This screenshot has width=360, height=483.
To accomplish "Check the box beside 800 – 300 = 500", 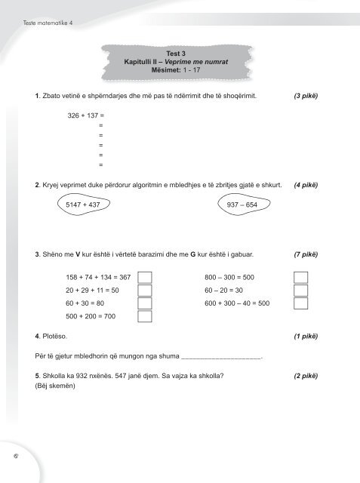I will pyautogui.click(x=301, y=277).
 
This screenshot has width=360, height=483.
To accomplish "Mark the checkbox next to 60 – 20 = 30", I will pyautogui.click(x=301, y=291).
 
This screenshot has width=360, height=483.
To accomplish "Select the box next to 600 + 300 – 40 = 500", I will pyautogui.click(x=301, y=303).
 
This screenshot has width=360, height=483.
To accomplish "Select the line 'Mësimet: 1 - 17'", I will pyautogui.click(x=180, y=69).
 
